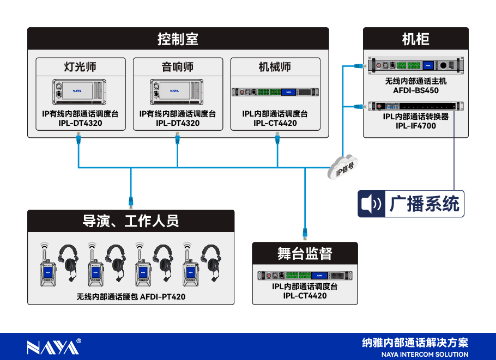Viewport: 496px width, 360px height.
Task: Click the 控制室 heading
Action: tap(178, 39)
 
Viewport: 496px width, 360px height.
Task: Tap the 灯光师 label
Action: tap(80, 67)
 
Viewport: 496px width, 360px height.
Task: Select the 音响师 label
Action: tap(178, 67)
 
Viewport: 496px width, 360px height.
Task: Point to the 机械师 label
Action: tap(275, 67)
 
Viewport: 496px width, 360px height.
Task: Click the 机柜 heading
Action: tap(415, 39)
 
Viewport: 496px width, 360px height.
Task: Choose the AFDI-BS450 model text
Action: tap(416, 90)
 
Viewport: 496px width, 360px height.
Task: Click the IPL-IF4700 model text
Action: tap(416, 126)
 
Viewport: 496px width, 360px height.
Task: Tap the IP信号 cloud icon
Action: tap(342, 166)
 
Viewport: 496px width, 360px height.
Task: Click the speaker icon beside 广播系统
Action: tap(372, 204)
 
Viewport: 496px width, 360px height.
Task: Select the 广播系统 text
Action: tap(425, 204)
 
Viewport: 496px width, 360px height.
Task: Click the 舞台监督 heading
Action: tap(305, 254)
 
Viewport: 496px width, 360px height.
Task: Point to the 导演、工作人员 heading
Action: tap(131, 221)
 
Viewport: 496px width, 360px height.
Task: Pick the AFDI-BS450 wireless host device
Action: tap(415, 65)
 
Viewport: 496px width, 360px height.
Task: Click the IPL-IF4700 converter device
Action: tap(415, 106)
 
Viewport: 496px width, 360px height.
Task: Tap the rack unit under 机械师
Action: tap(275, 92)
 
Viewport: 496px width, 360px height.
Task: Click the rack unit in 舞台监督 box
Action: tap(305, 276)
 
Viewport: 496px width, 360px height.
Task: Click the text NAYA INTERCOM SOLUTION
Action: tap(424, 355)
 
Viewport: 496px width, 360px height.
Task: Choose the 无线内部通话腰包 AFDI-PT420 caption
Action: tap(131, 297)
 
